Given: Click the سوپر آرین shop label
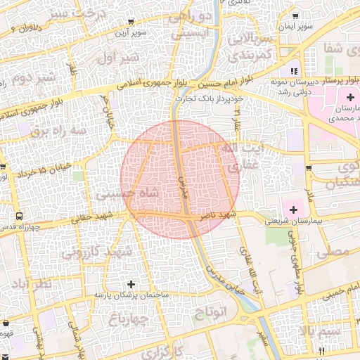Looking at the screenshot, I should click(x=131, y=33).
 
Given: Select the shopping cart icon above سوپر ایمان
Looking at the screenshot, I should click(x=295, y=16).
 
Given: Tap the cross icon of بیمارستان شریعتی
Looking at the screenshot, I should click(x=292, y=209).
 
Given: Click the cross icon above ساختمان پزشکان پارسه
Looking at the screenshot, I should click(x=131, y=284).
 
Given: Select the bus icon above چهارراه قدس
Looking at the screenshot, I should click(x=18, y=217).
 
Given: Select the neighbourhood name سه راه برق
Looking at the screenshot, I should click(x=61, y=131).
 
